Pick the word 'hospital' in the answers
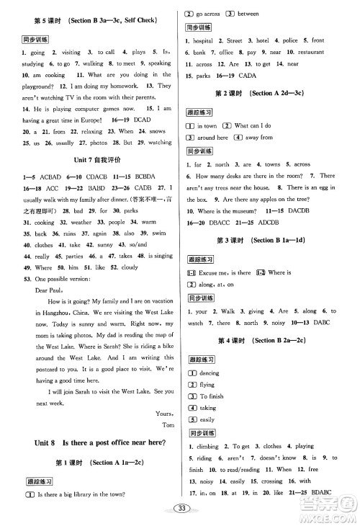pyautogui.click(x=204, y=41)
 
